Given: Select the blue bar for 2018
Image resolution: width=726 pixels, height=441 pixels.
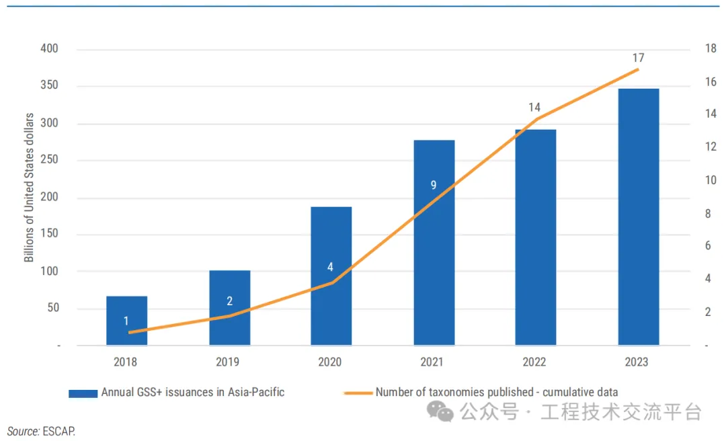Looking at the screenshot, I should tap(126, 321).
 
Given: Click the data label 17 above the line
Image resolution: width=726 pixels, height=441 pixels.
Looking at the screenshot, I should tap(638, 58).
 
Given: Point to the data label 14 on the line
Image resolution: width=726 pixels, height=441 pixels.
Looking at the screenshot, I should tap(534, 107).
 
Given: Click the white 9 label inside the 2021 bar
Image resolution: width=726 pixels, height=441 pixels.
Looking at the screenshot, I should tap(434, 185).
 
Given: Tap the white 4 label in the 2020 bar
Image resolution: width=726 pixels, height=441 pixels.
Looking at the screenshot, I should tap(330, 267).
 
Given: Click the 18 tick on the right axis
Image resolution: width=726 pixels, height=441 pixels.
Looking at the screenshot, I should tap(710, 49).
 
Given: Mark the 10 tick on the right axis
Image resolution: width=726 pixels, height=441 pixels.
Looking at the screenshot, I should tap(710, 180).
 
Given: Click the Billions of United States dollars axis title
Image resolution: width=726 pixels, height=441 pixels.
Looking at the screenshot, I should tap(29, 198).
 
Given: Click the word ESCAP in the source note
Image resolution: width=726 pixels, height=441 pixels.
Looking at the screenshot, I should tap(59, 431).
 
